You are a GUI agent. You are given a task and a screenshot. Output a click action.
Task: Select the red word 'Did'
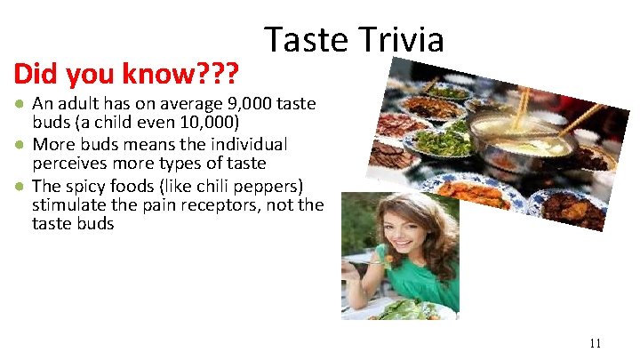33,71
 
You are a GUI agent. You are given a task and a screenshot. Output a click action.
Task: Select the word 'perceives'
68,163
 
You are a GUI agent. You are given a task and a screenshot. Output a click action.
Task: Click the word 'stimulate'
68,205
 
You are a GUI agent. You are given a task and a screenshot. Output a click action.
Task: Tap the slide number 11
595,342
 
